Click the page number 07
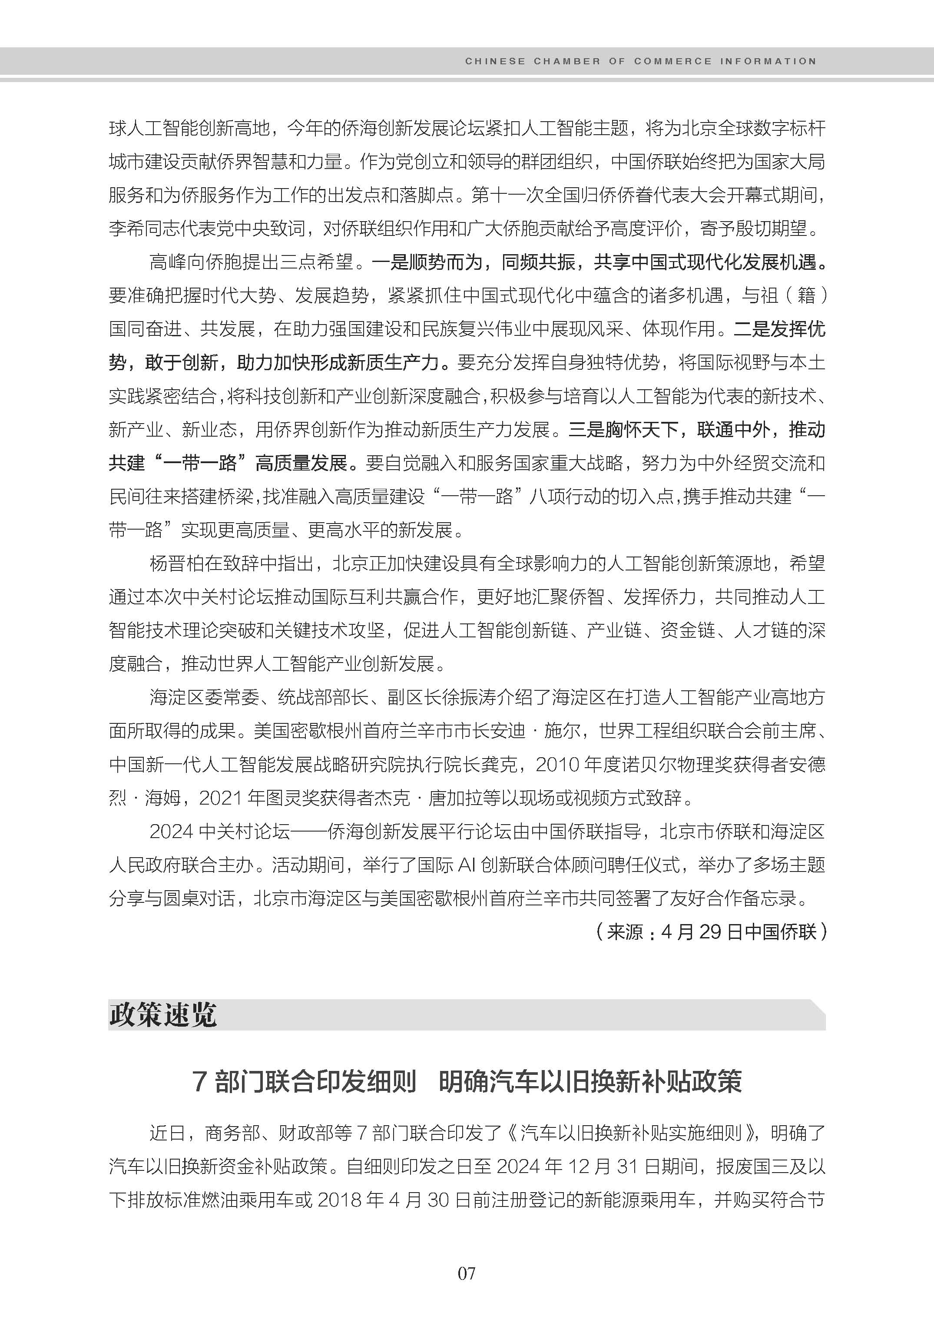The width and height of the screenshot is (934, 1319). click(467, 1273)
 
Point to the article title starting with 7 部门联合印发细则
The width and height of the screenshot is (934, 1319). click(467, 1082)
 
